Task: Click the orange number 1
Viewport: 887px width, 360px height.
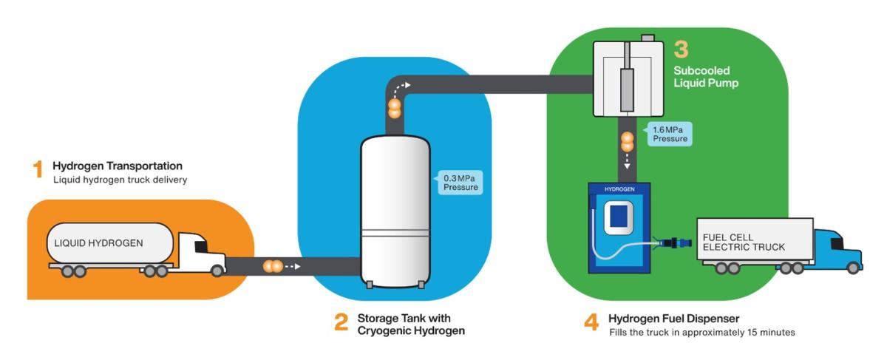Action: coord(38,169)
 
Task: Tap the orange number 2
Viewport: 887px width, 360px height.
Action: coord(341,323)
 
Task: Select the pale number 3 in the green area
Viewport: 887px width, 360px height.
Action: coord(681,50)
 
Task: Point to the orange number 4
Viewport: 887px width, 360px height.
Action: coord(591,323)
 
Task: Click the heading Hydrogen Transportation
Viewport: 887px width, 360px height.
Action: coord(117,166)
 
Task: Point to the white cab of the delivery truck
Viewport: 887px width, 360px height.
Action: coord(198,251)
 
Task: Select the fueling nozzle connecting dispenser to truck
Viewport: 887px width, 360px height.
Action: coord(670,241)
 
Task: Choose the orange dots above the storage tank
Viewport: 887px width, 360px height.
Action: coord(395,109)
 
